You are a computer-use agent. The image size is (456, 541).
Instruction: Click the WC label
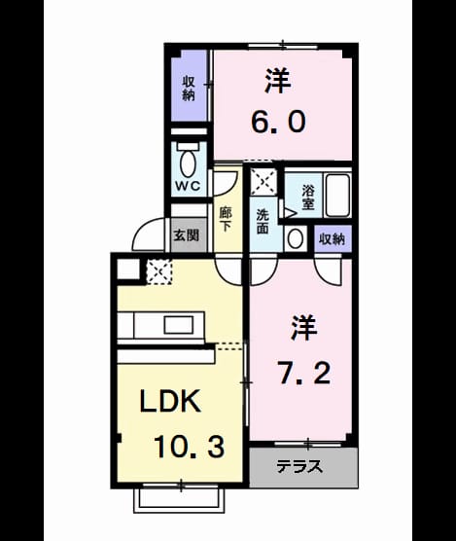point(188,186)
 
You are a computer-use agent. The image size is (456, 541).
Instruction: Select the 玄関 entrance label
point(187,235)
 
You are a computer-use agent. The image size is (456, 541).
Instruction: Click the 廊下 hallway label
point(226,220)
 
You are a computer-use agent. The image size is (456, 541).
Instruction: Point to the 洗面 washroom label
point(263,222)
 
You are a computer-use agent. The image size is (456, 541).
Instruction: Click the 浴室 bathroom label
point(308,198)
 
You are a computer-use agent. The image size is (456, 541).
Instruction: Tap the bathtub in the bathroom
point(337,196)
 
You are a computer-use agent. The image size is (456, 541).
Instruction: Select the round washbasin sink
point(296,238)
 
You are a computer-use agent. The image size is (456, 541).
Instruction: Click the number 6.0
point(278,123)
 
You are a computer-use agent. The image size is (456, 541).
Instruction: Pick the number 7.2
point(304,374)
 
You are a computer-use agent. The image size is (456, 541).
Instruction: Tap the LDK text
point(170,401)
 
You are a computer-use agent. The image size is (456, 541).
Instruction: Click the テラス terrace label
point(299,467)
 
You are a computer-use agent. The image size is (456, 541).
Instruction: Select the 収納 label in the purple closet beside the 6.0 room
point(189,89)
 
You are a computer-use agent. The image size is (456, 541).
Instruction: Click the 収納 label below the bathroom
point(333,239)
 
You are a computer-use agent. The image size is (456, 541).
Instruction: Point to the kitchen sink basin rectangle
point(178,325)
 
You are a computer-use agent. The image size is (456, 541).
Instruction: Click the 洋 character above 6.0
point(277,81)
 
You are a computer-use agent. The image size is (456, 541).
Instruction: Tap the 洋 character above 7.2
point(304,327)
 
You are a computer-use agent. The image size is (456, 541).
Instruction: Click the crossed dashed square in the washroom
point(263,182)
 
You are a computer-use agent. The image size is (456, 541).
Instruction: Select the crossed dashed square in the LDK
point(159,271)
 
